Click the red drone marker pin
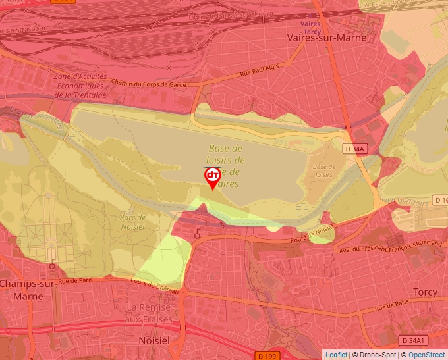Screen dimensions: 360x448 click(212, 176)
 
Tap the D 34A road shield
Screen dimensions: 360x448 click(354, 149)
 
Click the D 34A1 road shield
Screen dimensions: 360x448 click(414, 340)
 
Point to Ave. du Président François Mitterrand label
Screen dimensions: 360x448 click(389, 246)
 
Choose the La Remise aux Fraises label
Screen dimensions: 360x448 click(149, 313)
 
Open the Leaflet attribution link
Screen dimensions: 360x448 click(336, 355)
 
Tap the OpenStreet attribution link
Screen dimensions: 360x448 click(426, 355)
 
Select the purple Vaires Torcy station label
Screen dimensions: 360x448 click(310, 26)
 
